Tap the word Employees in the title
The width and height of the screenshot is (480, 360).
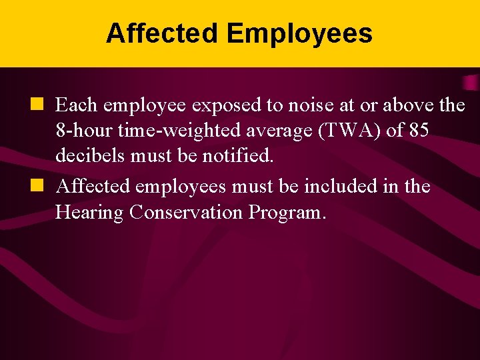pos(299,34)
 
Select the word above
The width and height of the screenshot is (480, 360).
pos(396,105)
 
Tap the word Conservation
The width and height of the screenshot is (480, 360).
pos(189,213)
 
